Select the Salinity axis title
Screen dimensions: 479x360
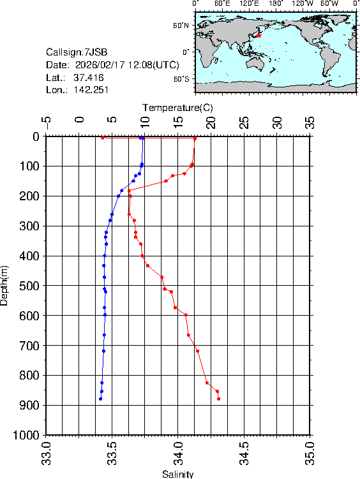click(177, 474)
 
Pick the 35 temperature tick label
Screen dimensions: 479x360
click(310, 121)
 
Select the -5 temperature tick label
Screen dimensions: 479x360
click(46, 121)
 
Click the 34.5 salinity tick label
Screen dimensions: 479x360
click(244, 454)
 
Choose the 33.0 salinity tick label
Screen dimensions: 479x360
click(46, 454)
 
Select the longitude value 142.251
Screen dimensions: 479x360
click(91, 90)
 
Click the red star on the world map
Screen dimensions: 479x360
click(259, 36)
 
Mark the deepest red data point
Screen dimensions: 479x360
click(218, 399)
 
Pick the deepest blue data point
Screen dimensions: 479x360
click(100, 399)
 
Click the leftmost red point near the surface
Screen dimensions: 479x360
click(103, 137)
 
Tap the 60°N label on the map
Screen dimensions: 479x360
click(181, 26)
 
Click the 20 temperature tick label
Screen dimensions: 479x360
click(211, 121)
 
